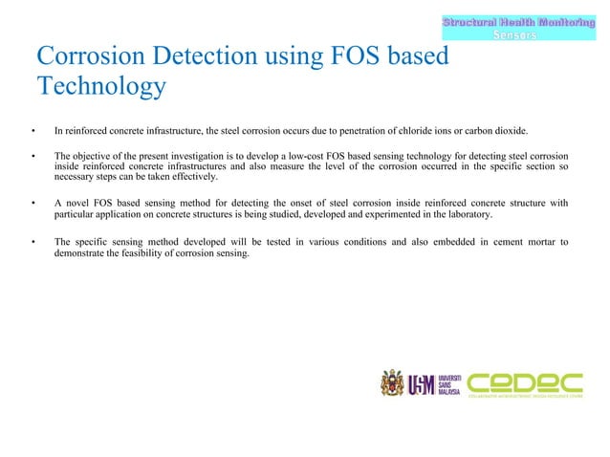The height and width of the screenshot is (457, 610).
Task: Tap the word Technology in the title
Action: coord(101,88)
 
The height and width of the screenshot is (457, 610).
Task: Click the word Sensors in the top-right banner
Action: coord(513,34)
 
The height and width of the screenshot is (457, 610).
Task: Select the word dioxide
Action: coord(510,131)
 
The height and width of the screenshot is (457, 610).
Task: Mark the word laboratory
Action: coord(468,215)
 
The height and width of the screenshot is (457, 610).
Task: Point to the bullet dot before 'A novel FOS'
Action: coord(33,203)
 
